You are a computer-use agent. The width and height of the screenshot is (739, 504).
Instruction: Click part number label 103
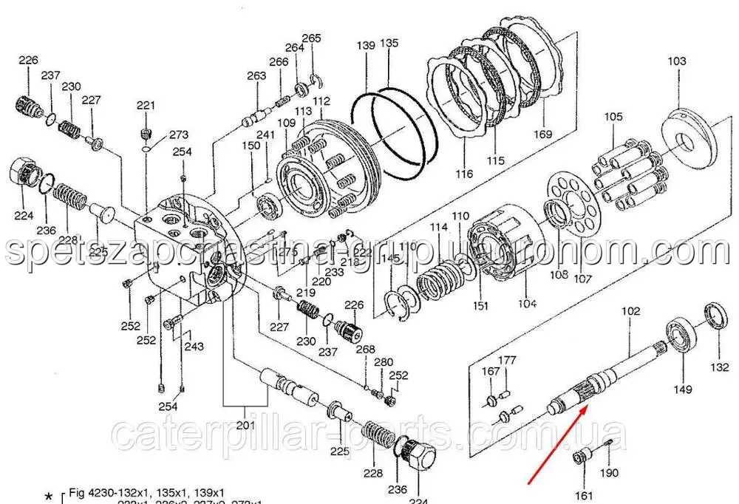pyautogui.click(x=677, y=61)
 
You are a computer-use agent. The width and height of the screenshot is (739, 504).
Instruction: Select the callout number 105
pyautogui.click(x=613, y=117)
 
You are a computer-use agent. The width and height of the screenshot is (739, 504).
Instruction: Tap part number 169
pyautogui.click(x=543, y=134)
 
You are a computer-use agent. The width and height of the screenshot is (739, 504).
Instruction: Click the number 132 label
pyautogui.click(x=719, y=367)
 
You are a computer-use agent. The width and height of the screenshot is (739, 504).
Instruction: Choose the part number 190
pyautogui.click(x=610, y=472)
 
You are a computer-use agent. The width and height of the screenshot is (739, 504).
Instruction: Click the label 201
pyautogui.click(x=245, y=426)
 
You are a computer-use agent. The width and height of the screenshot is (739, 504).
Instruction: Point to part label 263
pyautogui.click(x=256, y=75)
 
